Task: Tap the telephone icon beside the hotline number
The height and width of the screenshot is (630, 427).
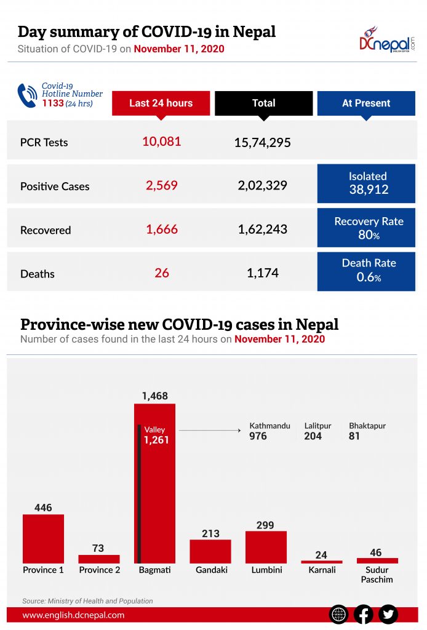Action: click(x=27, y=95)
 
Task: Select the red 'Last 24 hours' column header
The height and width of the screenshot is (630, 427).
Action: click(x=161, y=103)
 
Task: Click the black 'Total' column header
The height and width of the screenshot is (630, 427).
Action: click(x=263, y=103)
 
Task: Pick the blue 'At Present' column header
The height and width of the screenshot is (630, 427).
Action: click(x=366, y=103)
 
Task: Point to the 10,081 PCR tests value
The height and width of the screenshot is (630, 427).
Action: click(x=162, y=142)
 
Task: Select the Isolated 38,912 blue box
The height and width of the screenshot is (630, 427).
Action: click(x=366, y=183)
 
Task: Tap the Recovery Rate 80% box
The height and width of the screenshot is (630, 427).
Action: click(x=366, y=228)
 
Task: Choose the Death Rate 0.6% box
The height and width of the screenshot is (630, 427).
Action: click(x=366, y=271)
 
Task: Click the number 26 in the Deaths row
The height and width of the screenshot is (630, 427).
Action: click(x=162, y=273)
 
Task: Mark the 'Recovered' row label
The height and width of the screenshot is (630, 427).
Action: click(x=46, y=230)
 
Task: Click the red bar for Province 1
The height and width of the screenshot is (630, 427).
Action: click(x=43, y=538)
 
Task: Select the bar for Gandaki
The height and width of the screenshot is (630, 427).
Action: click(x=210, y=551)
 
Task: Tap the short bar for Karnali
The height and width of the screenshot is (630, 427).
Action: click(x=321, y=562)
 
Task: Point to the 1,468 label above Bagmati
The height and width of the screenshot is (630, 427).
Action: click(x=154, y=396)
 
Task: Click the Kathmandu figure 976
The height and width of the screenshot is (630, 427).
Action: click(x=258, y=436)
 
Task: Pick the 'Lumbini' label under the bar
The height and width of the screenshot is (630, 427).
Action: click(x=266, y=570)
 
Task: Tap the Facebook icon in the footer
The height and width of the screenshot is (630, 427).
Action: click(x=364, y=614)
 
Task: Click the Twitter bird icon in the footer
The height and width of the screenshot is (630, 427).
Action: click(x=388, y=614)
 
